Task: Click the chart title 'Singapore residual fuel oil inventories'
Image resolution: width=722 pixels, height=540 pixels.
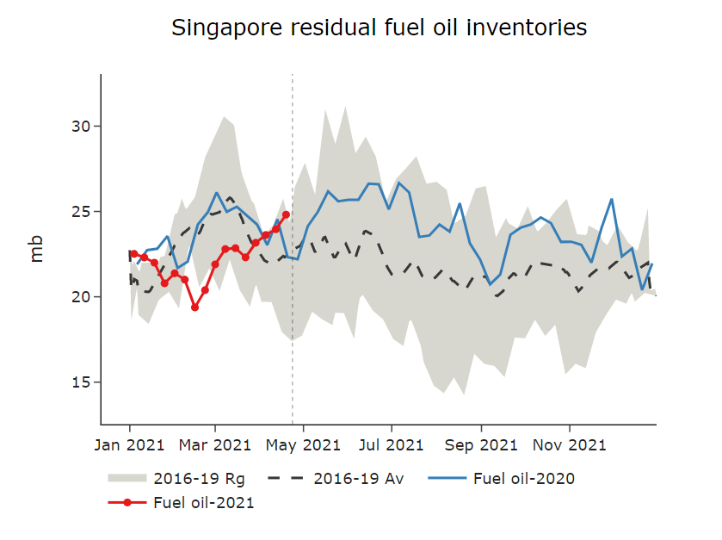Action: pos(379,28)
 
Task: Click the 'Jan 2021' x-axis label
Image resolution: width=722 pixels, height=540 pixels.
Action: pos(130,445)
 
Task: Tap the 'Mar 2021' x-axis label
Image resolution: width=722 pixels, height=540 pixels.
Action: pos(215,445)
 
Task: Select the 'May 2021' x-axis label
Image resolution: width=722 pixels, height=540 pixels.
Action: pos(304,445)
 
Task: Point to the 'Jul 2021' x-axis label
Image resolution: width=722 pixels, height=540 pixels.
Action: pos(392,445)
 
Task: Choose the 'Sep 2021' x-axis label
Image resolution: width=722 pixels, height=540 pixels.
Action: pos(482,445)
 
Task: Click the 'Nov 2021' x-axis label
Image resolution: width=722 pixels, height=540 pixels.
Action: pos(570,445)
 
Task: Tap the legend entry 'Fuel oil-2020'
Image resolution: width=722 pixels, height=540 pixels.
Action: pos(523,478)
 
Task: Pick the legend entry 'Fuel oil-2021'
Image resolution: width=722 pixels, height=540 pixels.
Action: pos(203,502)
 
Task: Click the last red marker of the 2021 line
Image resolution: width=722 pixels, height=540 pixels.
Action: pos(286,214)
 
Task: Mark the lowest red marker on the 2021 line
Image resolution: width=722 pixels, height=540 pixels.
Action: pos(195,307)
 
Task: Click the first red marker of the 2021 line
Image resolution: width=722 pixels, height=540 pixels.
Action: pos(134,254)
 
